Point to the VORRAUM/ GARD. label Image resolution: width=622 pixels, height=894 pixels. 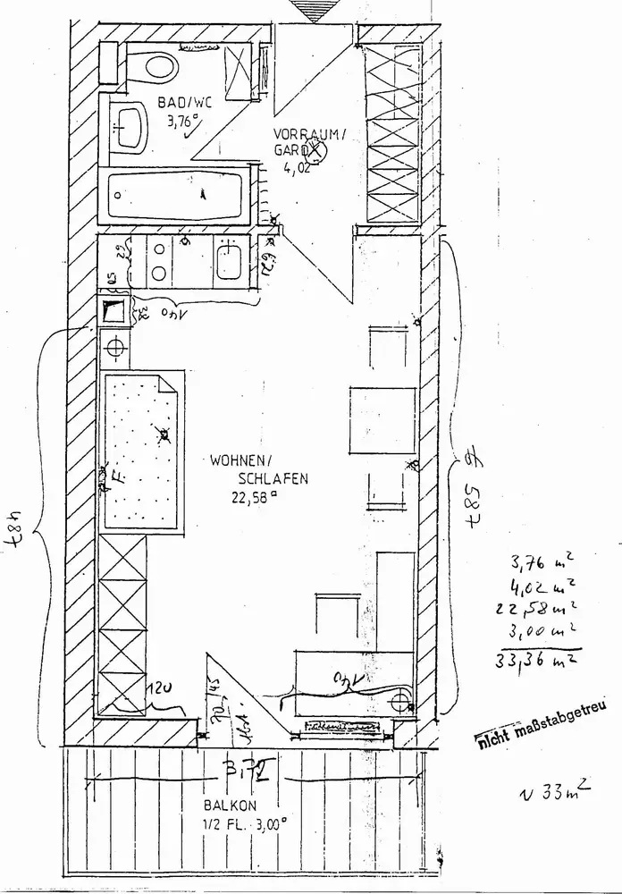click(x=306, y=142)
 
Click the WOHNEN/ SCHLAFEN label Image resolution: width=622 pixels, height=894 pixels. click(x=259, y=470)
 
